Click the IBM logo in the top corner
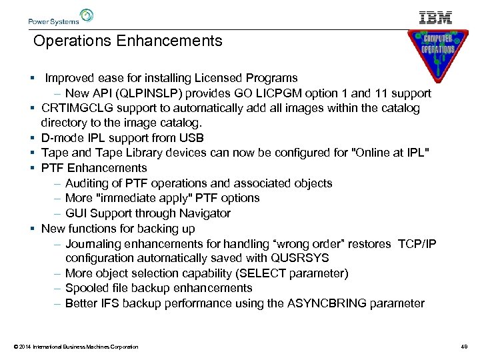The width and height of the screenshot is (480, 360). [436, 17]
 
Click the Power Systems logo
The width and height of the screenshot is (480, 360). [61, 17]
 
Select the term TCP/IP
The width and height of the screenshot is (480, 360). [418, 244]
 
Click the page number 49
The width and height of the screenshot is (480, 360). [465, 347]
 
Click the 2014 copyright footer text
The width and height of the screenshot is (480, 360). [75, 347]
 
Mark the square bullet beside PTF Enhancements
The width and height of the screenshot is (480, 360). [32, 168]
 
